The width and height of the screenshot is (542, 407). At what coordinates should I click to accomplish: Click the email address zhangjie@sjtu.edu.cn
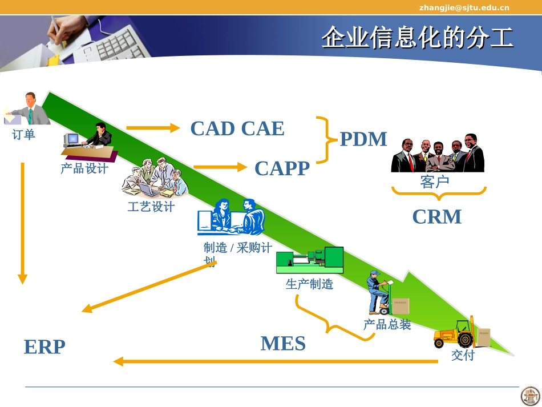click(x=464, y=7)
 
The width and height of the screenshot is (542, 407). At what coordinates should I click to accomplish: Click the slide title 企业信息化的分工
click(x=417, y=38)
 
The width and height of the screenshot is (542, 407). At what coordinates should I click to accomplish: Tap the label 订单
click(x=23, y=135)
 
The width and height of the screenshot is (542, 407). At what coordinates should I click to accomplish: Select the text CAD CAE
click(x=237, y=128)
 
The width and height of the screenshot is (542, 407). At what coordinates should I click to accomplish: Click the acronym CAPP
click(x=282, y=168)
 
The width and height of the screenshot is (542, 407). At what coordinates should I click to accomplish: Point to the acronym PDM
click(x=363, y=139)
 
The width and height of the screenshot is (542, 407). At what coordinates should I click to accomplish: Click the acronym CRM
click(x=436, y=217)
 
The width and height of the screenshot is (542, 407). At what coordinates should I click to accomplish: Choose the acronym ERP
click(x=45, y=346)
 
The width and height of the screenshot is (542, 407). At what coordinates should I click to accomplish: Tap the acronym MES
click(x=283, y=344)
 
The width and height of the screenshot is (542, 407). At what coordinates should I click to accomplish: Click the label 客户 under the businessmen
click(x=435, y=182)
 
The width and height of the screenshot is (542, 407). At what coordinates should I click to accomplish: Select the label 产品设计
click(x=84, y=168)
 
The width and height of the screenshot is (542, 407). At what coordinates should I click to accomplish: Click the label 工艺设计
click(x=151, y=207)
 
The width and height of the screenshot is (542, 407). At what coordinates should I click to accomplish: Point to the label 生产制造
click(x=309, y=284)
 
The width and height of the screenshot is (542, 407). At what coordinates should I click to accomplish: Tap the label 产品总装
click(x=387, y=325)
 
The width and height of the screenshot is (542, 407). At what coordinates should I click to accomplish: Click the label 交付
click(x=463, y=355)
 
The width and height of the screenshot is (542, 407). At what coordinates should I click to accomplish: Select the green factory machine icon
click(x=310, y=261)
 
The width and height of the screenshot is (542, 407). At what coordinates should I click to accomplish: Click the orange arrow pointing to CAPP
click(x=219, y=167)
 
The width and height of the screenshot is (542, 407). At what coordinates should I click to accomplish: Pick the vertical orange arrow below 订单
click(x=22, y=223)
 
